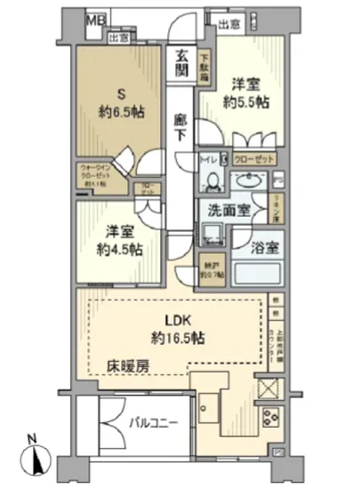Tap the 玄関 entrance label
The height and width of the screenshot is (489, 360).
pos(182,60)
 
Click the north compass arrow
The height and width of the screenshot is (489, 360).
pos(35,461)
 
